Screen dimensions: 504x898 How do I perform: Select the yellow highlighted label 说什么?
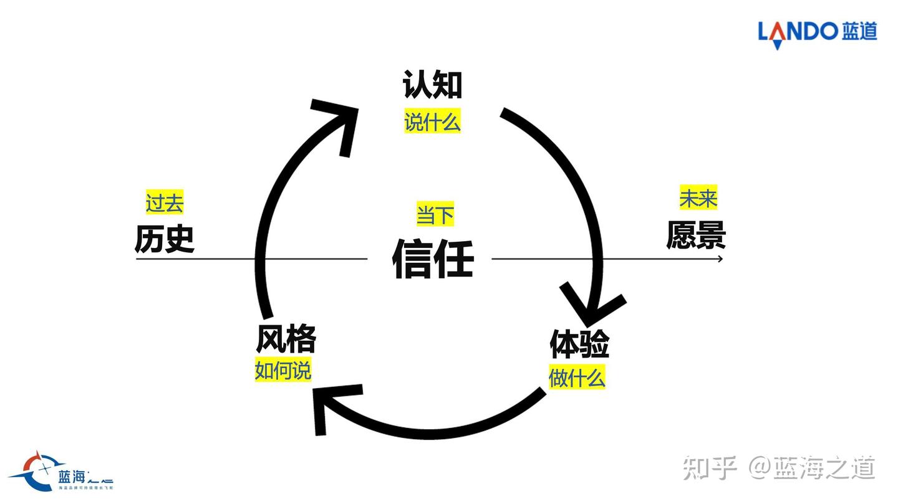(432, 122)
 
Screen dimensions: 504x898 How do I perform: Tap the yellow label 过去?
(165, 203)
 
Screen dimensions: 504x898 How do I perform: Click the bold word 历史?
(165, 239)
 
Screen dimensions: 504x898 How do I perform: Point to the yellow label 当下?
(435, 215)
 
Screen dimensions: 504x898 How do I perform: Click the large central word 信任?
(433, 258)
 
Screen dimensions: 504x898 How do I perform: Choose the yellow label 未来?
(698, 199)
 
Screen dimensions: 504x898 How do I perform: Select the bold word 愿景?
(696, 235)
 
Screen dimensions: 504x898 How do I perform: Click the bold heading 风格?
(286, 340)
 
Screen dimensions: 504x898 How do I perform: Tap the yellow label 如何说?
(282, 371)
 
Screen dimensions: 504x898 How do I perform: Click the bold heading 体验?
(579, 344)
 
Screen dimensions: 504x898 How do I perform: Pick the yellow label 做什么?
(577, 378)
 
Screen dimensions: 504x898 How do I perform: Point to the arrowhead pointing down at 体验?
(592, 308)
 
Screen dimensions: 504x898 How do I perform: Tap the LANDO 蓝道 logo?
(817, 31)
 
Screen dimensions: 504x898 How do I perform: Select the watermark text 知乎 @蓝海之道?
(779, 468)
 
